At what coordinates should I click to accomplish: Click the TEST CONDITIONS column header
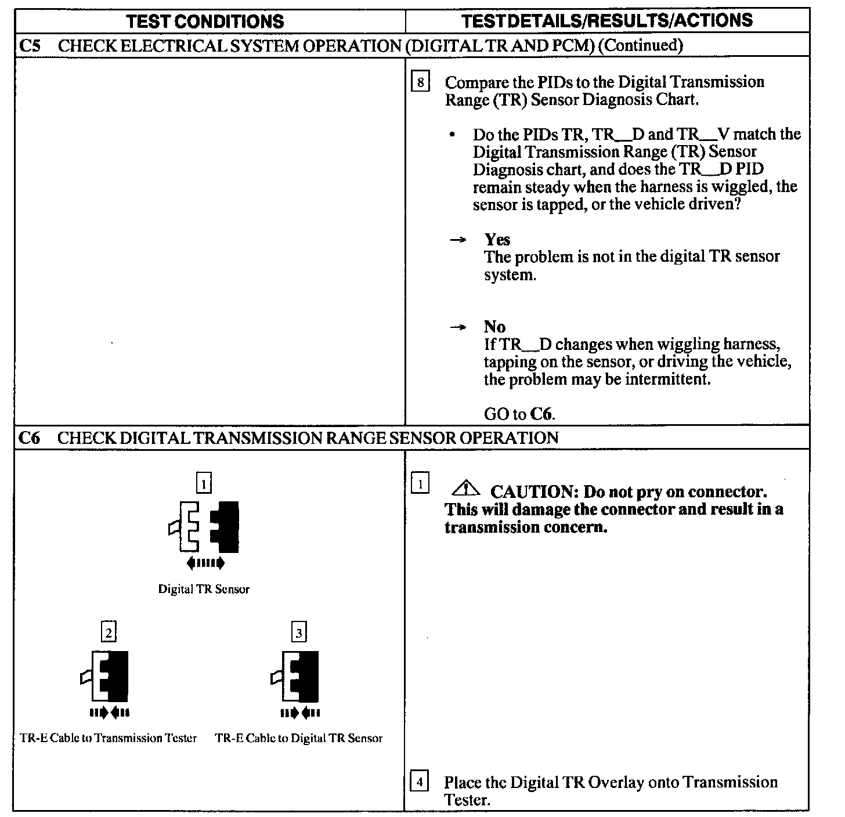click(x=205, y=21)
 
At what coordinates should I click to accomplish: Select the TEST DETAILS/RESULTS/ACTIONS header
click(x=606, y=20)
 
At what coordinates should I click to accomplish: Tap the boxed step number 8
click(x=420, y=82)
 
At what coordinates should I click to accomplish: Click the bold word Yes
click(x=497, y=240)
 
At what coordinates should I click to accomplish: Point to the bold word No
click(x=494, y=327)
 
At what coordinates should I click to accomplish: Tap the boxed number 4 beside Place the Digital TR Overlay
click(x=419, y=782)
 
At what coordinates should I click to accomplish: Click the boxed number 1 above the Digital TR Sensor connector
click(x=204, y=483)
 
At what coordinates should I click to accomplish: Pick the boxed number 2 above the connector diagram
click(x=109, y=631)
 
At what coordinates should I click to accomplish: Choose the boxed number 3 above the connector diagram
click(x=299, y=632)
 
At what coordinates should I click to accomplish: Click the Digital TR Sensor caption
click(x=204, y=590)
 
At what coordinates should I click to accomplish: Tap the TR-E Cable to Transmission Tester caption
click(x=109, y=738)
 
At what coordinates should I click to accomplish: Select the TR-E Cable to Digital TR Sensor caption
click(x=299, y=738)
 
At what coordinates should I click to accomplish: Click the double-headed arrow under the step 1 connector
click(x=205, y=562)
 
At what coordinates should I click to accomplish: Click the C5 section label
click(x=30, y=45)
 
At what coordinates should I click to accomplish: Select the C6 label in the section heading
click(x=30, y=438)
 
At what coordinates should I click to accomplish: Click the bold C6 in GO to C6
click(x=540, y=414)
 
